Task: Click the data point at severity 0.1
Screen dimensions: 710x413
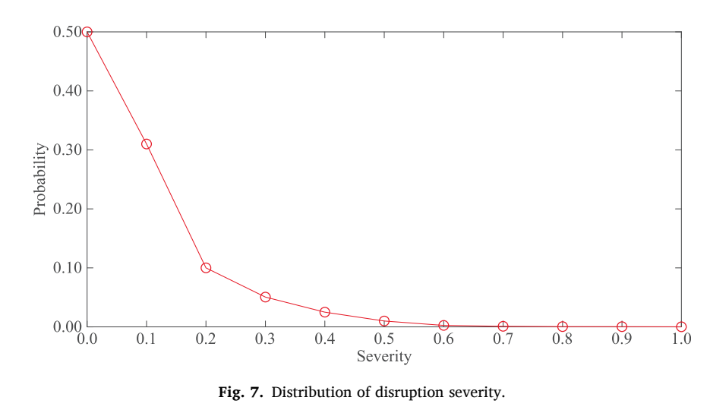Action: [x=147, y=144]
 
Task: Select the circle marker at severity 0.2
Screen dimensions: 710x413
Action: [x=206, y=268]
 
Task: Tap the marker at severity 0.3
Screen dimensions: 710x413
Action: [x=265, y=297]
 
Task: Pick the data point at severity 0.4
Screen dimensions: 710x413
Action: [x=325, y=312]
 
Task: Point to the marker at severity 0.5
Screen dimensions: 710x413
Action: [x=384, y=321]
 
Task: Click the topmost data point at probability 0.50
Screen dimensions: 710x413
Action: [x=87, y=32]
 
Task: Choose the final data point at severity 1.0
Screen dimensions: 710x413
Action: [x=681, y=326]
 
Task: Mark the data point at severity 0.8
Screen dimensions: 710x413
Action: [x=563, y=326]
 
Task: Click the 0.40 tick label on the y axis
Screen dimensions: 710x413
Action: [x=67, y=90]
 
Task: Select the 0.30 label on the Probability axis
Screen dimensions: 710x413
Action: [x=67, y=150]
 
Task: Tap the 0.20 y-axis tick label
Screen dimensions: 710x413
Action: [x=67, y=209]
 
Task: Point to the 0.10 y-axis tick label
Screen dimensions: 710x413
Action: [x=67, y=268]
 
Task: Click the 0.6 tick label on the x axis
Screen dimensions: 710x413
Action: [x=443, y=339]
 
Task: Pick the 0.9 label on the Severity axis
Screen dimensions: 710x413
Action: [x=622, y=339]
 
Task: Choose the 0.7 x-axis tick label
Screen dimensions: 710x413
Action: [x=503, y=339]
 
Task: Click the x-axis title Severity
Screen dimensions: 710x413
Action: [x=384, y=356]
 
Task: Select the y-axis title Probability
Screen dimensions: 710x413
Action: [x=39, y=179]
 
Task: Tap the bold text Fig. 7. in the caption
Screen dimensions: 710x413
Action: [x=241, y=392]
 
